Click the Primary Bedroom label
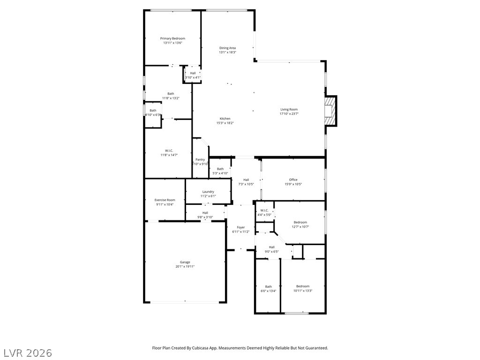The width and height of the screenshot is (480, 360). point(172,38)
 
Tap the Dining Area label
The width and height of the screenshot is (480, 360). point(227,48)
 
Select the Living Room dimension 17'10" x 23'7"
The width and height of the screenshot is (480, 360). point(289,114)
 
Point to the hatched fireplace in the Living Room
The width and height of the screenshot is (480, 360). point(331,111)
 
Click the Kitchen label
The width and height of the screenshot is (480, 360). point(225,119)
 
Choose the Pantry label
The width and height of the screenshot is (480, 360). point(200,159)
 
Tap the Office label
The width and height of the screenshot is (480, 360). point(293,180)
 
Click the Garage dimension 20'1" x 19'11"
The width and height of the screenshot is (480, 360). point(185,267)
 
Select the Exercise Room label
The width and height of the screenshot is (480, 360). point(165,200)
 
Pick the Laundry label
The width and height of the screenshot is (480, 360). point(208,191)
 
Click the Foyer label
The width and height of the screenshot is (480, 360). point(240,227)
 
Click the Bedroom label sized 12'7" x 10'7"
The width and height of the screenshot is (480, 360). point(300,222)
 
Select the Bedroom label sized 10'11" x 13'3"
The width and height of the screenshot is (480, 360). point(302,286)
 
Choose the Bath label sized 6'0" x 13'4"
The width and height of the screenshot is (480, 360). point(268,286)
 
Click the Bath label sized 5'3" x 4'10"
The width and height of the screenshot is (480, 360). point(220,169)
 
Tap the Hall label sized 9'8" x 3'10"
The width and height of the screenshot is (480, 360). point(205,212)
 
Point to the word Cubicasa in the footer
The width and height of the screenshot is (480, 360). point(217,348)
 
